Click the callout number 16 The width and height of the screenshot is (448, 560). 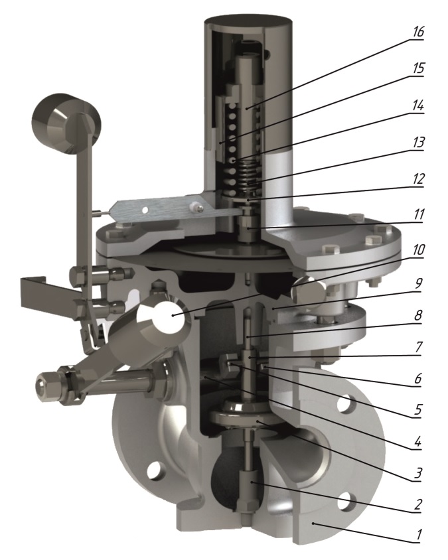(x=417, y=32)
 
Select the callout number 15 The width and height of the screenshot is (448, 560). (x=417, y=68)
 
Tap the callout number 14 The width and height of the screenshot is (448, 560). (x=417, y=105)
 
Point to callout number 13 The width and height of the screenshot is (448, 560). (x=417, y=142)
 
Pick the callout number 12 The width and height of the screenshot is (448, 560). (x=417, y=178)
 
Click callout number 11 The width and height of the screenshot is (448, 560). (x=417, y=214)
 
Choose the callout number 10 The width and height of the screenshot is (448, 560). (x=417, y=250)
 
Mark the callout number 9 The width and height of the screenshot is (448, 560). (x=418, y=283)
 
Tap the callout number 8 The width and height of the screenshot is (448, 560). (x=418, y=315)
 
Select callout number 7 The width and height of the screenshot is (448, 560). (x=418, y=346)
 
